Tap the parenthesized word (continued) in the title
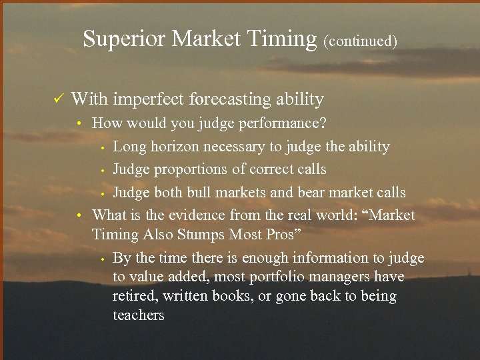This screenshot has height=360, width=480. coord(360,41)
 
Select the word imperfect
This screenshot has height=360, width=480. coord(149,100)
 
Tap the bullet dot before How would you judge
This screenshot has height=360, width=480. coord(78,124)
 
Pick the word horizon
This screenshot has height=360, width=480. coord(175,146)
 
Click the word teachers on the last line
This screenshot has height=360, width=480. coord(139,315)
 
